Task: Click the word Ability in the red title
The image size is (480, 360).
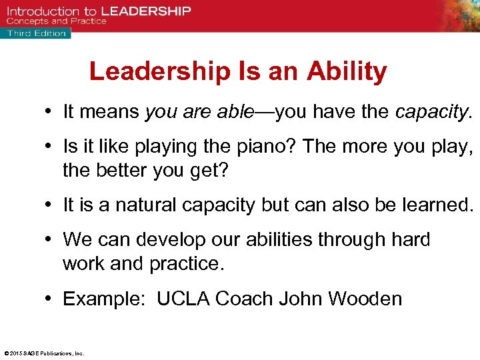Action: coord(347,72)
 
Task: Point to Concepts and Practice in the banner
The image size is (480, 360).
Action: coord(56,21)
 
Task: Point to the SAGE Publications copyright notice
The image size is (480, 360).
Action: coord(43,353)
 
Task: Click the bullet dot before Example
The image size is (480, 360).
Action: coord(51,299)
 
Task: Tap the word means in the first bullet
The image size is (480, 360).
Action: coord(109,111)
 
